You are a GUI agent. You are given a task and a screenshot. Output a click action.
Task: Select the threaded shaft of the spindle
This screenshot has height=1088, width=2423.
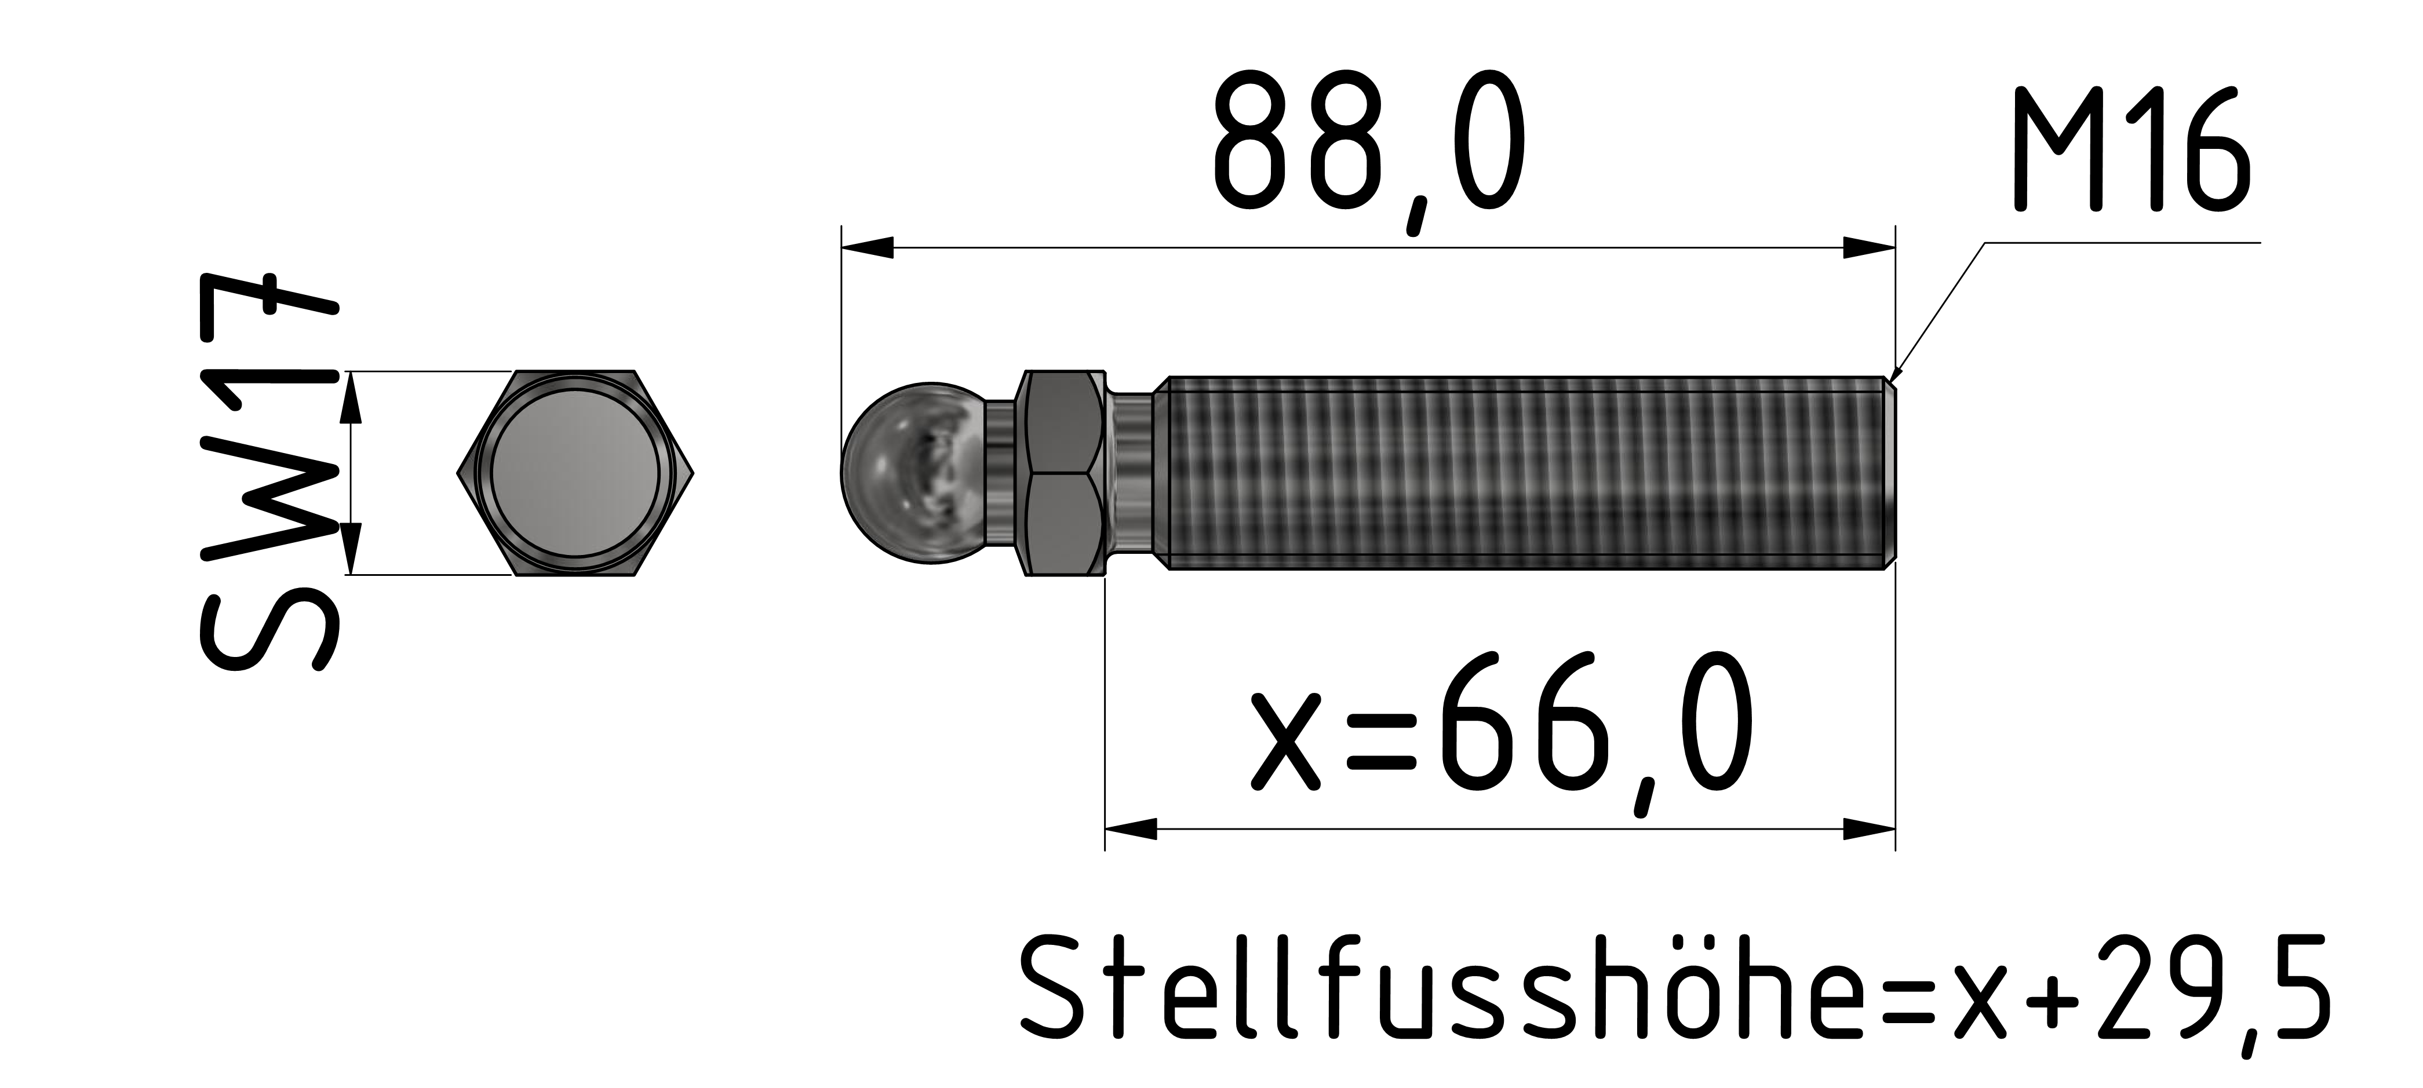1524,473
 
